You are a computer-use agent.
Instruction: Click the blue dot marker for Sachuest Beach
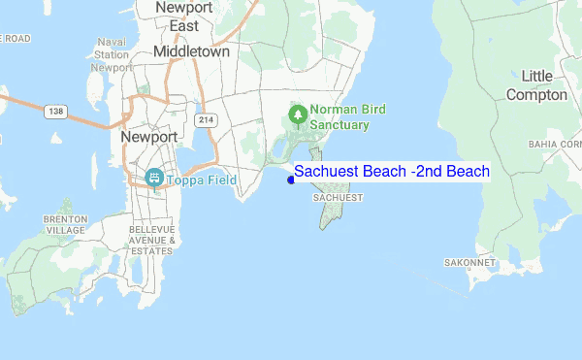pyautogui.click(x=291, y=179)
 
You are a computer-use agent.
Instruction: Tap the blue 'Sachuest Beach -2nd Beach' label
pyautogui.click(x=392, y=172)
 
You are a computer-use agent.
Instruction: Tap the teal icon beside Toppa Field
pyautogui.click(x=152, y=179)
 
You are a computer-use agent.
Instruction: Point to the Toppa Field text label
pyautogui.click(x=203, y=180)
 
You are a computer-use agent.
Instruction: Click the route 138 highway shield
pyautogui.click(x=55, y=113)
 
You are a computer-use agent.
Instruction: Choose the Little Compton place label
pyautogui.click(x=536, y=85)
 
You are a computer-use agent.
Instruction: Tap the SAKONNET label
pyautogui.click(x=470, y=263)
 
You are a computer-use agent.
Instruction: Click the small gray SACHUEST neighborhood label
pyautogui.click(x=339, y=197)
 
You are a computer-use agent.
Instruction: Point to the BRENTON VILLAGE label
pyautogui.click(x=66, y=225)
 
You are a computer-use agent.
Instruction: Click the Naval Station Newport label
pyautogui.click(x=113, y=55)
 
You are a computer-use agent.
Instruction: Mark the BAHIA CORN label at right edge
pyautogui.click(x=554, y=144)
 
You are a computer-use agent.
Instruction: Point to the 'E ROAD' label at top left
pyautogui.click(x=15, y=38)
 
